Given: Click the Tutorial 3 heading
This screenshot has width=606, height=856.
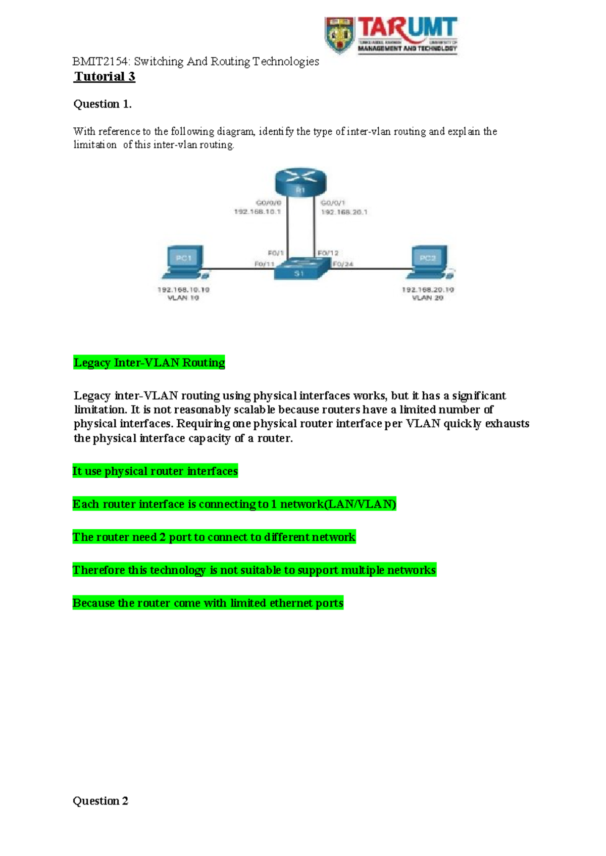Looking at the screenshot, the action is [105, 77].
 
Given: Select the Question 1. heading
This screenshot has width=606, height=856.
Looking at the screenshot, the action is [103, 104].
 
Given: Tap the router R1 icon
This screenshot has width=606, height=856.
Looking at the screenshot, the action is [300, 182].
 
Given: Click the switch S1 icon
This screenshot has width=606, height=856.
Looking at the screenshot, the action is [300, 268].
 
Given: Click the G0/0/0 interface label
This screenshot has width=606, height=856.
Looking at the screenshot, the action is [269, 203].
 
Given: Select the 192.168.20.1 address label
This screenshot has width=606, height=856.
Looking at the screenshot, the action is [344, 212].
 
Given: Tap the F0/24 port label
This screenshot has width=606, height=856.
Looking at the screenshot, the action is [343, 264].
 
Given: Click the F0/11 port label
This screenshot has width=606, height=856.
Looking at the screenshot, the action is [264, 264].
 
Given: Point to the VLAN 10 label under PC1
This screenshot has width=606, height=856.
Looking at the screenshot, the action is [183, 298].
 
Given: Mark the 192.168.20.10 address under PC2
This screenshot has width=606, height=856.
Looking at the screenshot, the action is [428, 290].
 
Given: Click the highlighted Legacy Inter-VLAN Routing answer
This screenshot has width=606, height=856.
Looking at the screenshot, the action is [149, 363].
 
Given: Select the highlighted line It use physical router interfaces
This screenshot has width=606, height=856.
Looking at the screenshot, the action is [155, 471].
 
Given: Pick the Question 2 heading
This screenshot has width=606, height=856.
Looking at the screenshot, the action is [100, 801].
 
